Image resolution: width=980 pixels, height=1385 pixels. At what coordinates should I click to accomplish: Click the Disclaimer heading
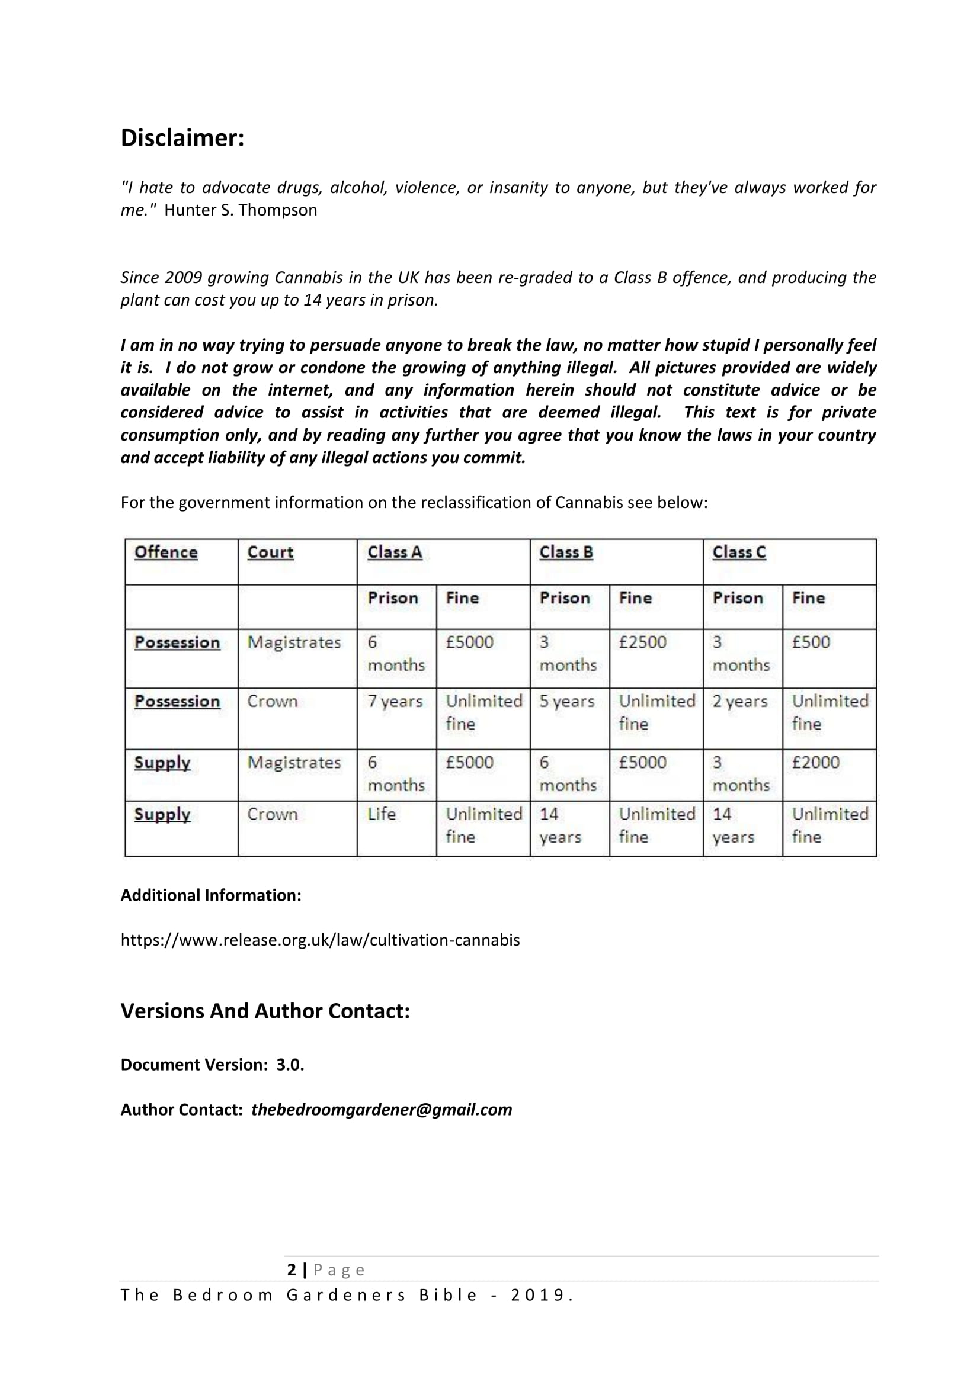182,138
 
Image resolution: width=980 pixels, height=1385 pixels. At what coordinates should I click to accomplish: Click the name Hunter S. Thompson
240,210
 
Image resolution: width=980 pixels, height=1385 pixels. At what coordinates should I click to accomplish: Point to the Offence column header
166,552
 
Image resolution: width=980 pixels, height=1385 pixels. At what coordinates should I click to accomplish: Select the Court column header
270,552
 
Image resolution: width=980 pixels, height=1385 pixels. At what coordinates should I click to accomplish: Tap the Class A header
395,552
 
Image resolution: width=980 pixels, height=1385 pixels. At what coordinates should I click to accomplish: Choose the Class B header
566,552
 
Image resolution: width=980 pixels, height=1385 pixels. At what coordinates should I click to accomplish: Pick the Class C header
739,552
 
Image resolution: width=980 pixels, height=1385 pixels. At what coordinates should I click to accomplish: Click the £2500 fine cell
643,642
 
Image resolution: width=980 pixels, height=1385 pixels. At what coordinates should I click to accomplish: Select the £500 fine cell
811,642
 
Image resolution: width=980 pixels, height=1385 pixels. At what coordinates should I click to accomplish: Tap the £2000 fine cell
816,762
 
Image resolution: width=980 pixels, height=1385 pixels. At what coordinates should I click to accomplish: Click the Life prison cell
382,814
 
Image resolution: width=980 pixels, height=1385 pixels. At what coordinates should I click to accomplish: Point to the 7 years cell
395,701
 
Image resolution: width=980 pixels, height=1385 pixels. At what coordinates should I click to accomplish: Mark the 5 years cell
566,701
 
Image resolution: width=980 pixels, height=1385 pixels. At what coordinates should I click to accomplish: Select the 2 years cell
740,701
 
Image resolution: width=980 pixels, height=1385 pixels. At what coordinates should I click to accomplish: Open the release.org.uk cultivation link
320,940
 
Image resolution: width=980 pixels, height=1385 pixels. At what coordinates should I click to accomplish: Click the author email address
382,1109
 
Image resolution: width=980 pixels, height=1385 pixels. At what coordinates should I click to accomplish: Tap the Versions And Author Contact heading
265,1011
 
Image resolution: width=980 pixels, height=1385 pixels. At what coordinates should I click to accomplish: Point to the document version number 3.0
290,1065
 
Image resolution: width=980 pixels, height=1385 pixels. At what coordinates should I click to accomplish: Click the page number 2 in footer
292,1270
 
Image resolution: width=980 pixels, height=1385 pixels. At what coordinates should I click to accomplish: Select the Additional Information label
211,895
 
